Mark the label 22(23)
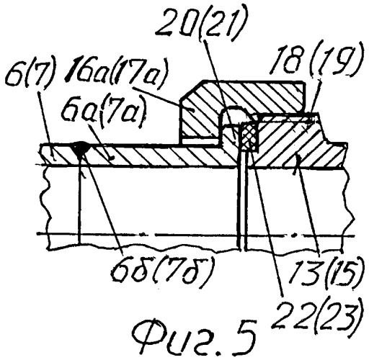coord(317,311)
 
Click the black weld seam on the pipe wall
coord(79,150)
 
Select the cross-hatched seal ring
coord(250,137)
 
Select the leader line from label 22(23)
coord(266,223)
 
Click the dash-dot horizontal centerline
coord(196,235)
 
